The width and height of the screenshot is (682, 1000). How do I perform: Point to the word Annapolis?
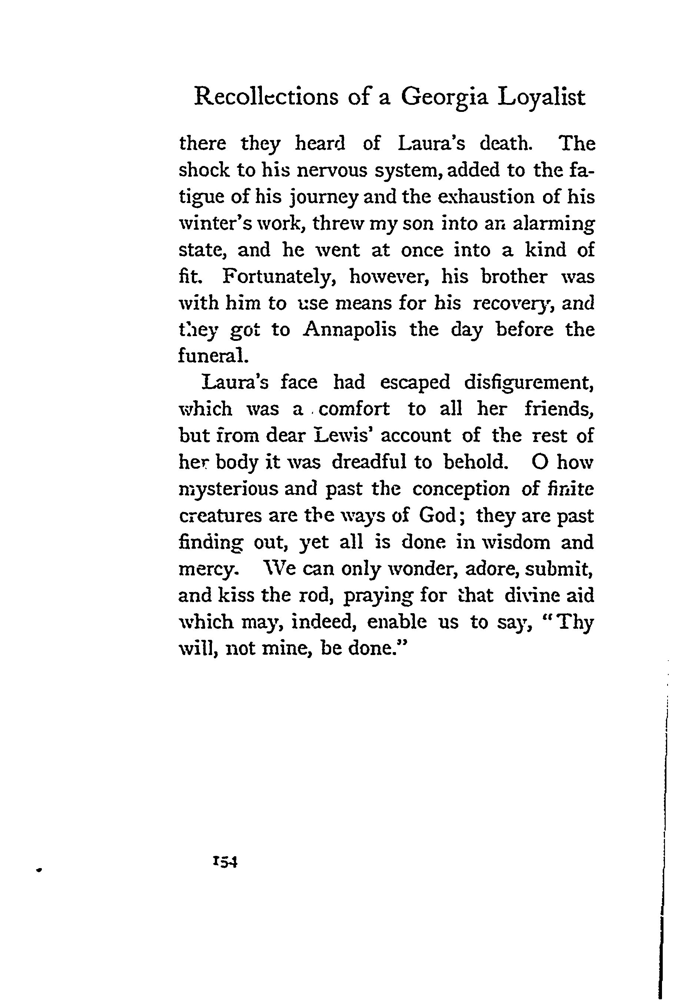coord(350,330)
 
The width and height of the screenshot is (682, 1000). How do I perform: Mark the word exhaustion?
coord(484,197)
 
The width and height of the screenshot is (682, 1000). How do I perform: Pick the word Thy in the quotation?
coord(575,622)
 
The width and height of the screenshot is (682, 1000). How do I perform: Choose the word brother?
coord(514,277)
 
